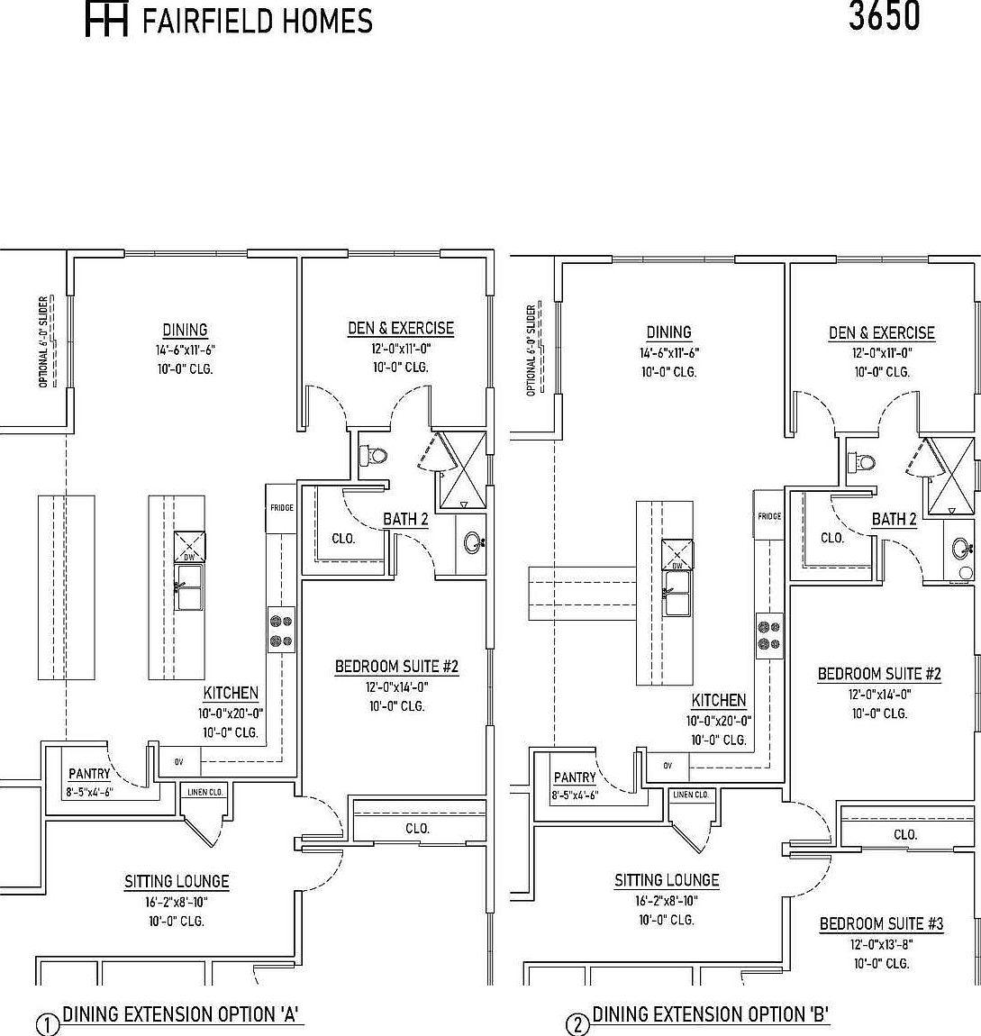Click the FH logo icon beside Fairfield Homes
106,20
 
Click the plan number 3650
884,16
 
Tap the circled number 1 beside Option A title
47,1025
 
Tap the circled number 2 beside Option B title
577,1025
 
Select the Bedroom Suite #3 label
881,923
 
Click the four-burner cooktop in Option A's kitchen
281,630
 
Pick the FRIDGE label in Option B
769,517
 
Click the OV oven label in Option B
668,766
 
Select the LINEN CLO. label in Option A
204,792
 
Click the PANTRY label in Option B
575,777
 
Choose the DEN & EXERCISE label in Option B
881,333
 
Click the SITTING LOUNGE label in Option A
177,881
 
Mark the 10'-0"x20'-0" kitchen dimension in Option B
719,721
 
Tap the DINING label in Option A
185,330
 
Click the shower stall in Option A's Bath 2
462,469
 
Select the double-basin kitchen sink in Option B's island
677,604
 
